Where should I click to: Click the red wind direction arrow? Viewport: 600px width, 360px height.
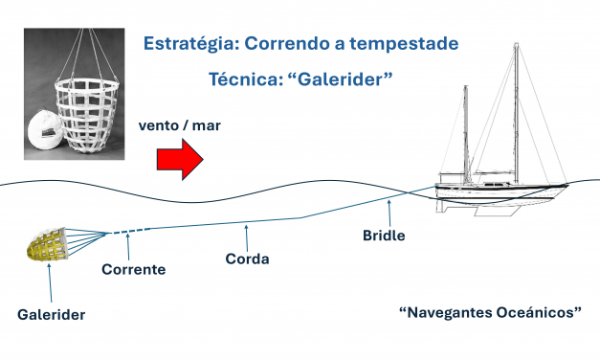click(x=178, y=157)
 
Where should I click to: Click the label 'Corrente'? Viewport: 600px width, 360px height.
click(x=133, y=270)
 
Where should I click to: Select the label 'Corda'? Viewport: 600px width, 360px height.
click(x=247, y=259)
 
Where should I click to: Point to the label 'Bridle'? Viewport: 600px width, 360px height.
click(x=384, y=235)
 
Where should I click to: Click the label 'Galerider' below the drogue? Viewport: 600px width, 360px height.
click(x=51, y=314)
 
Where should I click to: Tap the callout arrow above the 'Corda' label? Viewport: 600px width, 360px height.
click(x=247, y=235)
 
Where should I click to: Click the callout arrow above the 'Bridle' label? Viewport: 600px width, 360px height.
click(x=388, y=213)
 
